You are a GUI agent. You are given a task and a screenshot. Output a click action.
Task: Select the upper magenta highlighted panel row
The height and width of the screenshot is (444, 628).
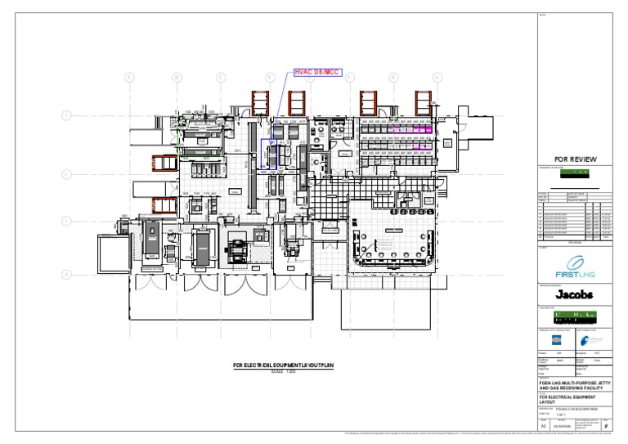coord(410,129)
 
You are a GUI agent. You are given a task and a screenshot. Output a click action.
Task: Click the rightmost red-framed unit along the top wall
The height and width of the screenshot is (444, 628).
coord(423,102)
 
